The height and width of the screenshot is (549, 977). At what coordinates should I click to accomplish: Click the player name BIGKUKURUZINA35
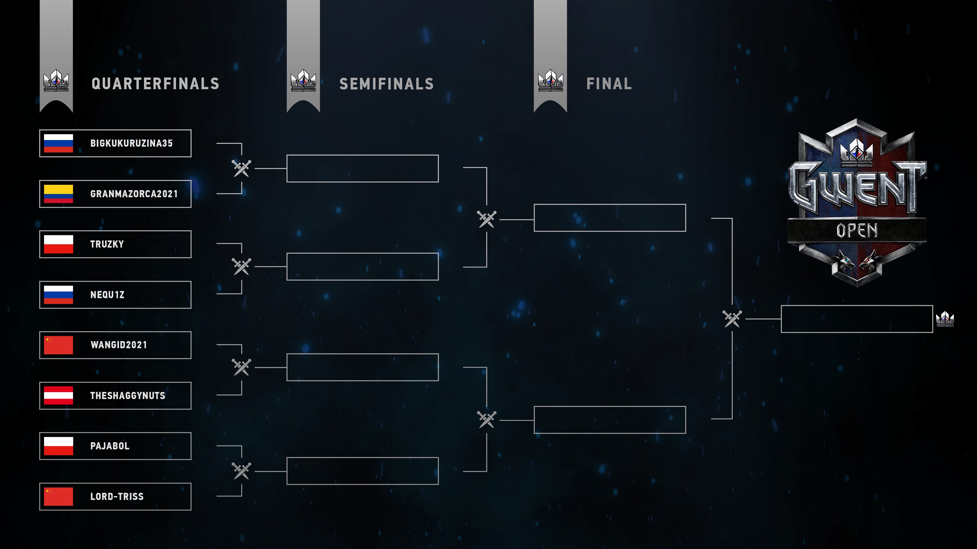click(x=131, y=143)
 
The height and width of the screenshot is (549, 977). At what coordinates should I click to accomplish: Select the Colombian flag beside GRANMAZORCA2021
click(x=59, y=194)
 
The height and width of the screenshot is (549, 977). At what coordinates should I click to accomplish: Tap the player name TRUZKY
click(x=107, y=244)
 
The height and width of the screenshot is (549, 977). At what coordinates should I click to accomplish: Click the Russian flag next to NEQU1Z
click(x=59, y=295)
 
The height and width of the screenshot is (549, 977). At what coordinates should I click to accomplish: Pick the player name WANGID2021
click(x=119, y=345)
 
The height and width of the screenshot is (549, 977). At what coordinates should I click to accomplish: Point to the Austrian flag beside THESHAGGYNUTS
click(x=59, y=395)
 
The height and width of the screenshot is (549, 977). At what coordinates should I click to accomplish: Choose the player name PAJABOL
click(x=110, y=446)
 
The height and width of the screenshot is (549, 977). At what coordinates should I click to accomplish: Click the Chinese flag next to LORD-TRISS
click(x=59, y=496)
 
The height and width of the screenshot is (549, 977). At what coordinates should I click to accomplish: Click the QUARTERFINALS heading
click(x=155, y=84)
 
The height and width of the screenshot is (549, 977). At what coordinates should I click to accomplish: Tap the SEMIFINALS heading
click(x=386, y=84)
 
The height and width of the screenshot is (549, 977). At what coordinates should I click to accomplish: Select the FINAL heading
click(x=609, y=84)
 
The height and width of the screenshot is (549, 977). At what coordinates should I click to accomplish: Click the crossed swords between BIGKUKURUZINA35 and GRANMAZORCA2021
click(x=242, y=168)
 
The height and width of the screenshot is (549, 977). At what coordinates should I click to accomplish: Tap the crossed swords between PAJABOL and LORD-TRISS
click(x=242, y=471)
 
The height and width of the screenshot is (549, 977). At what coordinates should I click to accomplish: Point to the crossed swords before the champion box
click(x=732, y=319)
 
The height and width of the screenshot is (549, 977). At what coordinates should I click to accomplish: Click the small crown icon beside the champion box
click(x=945, y=319)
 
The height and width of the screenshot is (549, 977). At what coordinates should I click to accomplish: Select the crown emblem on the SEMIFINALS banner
click(x=303, y=80)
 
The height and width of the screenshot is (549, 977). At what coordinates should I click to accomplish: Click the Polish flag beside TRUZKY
click(x=59, y=244)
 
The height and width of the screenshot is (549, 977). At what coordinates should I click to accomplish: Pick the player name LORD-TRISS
click(x=117, y=496)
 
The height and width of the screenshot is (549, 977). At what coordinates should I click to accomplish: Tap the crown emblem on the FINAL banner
click(x=550, y=80)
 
